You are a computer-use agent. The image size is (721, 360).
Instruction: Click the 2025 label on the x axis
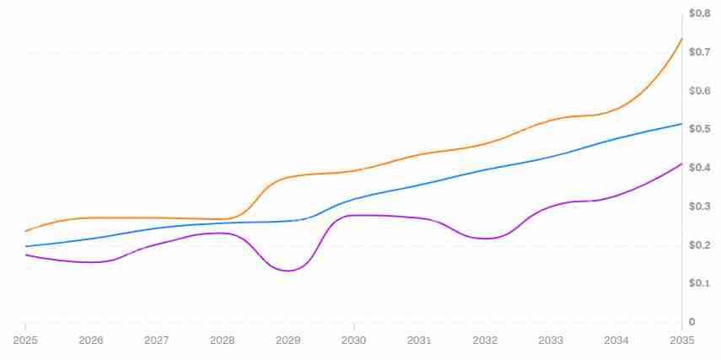(25, 340)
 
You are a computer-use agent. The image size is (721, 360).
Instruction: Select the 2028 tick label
(222, 340)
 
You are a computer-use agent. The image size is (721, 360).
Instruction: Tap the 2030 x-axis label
(353, 340)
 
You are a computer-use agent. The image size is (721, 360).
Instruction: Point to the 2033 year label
(551, 340)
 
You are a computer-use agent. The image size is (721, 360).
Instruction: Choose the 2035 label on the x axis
(681, 340)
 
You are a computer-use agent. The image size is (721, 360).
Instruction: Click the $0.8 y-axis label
(700, 13)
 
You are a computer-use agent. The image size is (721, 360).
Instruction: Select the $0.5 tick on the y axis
(700, 129)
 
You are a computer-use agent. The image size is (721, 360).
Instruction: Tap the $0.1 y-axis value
(700, 283)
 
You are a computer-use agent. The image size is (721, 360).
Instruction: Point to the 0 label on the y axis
(692, 322)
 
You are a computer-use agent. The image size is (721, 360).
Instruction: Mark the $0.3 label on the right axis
(700, 207)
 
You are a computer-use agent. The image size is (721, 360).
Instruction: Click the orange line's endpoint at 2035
(681, 39)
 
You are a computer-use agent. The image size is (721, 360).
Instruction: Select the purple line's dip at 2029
(288, 271)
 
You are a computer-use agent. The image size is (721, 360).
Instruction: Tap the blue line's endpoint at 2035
(681, 124)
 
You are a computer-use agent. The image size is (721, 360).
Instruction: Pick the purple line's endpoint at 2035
(681, 164)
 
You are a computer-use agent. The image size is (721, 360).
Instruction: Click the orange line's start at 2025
(25, 231)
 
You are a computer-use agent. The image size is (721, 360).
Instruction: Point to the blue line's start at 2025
(25, 246)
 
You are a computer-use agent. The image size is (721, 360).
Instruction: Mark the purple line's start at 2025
(25, 255)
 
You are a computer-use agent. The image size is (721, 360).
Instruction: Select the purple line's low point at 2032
(486, 239)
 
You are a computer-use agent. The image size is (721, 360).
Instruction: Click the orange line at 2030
(353, 170)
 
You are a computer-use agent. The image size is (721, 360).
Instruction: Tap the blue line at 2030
(353, 200)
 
